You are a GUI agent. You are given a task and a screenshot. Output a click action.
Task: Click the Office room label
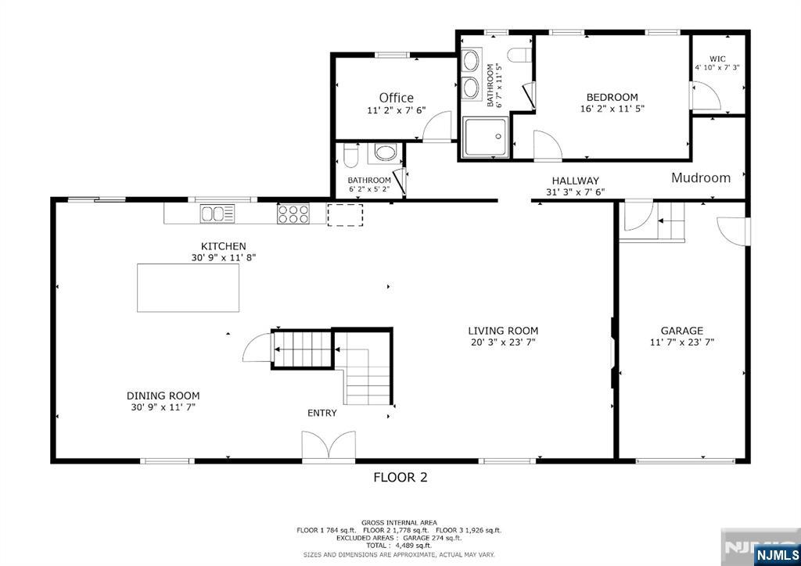click(x=396, y=98)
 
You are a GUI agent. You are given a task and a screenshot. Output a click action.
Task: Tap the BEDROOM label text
click(x=612, y=97)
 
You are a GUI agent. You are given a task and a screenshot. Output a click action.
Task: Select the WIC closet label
click(x=717, y=59)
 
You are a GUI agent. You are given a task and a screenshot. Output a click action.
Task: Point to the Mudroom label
click(x=701, y=177)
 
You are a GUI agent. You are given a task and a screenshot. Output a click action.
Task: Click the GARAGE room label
click(x=681, y=331)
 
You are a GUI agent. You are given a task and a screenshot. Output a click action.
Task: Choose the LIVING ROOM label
click(x=503, y=331)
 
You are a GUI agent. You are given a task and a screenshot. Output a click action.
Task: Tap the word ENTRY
click(x=321, y=413)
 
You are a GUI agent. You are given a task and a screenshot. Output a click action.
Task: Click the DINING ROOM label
click(x=163, y=396)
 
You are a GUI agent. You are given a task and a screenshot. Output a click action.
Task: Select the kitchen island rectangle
click(x=188, y=288)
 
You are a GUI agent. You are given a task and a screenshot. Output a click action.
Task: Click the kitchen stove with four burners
click(x=293, y=213)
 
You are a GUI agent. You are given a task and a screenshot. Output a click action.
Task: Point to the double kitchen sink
click(x=217, y=213)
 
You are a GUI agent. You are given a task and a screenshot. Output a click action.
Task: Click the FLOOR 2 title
click(x=400, y=477)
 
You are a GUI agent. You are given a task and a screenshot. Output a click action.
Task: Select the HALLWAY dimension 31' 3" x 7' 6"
click(x=575, y=192)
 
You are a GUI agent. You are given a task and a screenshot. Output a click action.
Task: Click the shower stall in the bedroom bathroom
click(x=485, y=138)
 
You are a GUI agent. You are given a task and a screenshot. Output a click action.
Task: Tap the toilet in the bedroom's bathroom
click(x=518, y=55)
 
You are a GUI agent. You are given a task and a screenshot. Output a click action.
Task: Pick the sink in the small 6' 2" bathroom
click(x=385, y=152)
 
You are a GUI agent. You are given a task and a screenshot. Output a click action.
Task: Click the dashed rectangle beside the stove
click(x=345, y=215)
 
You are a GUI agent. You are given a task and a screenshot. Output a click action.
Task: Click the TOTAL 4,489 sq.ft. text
click(x=400, y=546)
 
